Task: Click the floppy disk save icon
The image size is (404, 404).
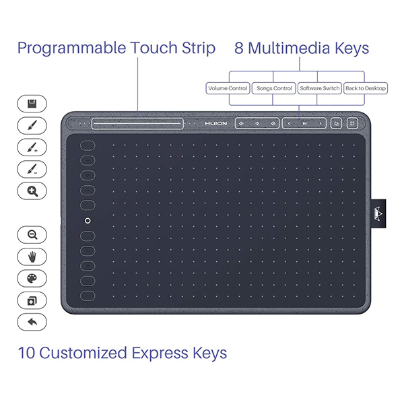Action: point(32,104)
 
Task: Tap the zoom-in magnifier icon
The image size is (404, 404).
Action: point(32,191)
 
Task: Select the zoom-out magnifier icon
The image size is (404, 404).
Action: point(32,235)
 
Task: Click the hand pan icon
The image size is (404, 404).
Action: point(32,257)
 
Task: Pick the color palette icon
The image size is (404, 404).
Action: point(32,278)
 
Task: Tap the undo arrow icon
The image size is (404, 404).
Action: point(32,322)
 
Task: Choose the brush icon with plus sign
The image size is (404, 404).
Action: point(32,147)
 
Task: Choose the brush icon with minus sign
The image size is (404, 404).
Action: point(32,169)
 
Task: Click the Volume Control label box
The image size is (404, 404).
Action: point(228,88)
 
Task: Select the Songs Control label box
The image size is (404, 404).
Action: point(274,88)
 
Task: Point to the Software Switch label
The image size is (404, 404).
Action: point(320,88)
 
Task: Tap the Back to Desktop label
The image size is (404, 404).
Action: point(366,88)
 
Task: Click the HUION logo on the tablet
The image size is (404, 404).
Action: point(216,124)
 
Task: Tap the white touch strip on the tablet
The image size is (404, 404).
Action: point(137,124)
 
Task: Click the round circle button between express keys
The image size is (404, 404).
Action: point(88,221)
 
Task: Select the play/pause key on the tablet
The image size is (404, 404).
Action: point(304,124)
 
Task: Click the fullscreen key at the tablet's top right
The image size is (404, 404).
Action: point(352,123)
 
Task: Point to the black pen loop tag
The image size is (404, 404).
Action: point(378,213)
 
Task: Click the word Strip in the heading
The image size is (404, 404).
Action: point(199,48)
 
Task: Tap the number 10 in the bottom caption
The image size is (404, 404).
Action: point(26,353)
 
